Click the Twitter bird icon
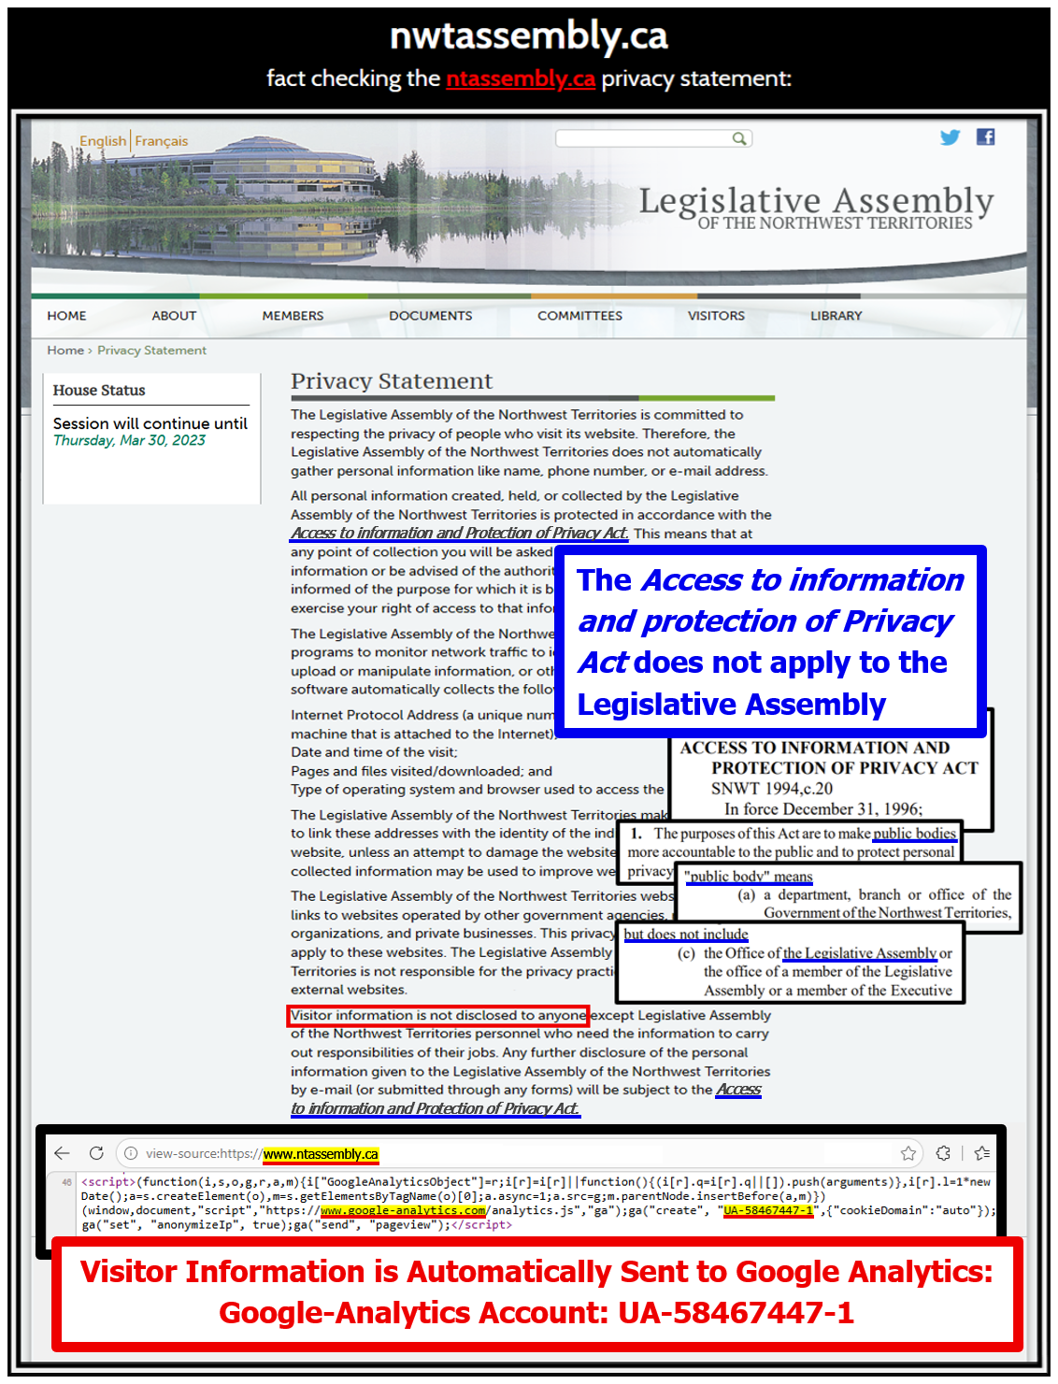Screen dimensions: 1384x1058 coord(950,137)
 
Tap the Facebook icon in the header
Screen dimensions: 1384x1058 coord(985,137)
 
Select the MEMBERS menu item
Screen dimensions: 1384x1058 coord(293,316)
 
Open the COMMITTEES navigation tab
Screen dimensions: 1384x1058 coord(579,316)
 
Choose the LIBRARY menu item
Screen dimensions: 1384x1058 coord(836,316)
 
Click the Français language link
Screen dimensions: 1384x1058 coord(162,141)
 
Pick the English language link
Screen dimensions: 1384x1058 coord(103,141)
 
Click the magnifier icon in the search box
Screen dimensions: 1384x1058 coord(739,138)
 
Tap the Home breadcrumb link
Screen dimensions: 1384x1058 coord(65,350)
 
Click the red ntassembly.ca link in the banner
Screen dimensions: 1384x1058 coord(521,78)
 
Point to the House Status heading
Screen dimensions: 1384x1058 coord(99,391)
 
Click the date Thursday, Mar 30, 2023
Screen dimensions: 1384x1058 coord(129,440)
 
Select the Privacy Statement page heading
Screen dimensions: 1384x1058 coord(391,381)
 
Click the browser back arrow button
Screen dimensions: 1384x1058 coord(63,1153)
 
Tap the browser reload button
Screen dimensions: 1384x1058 coord(96,1153)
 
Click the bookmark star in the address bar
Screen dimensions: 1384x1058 coord(908,1153)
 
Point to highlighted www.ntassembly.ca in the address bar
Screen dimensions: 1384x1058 coord(321,1154)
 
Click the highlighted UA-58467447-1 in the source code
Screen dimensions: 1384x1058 coord(768,1210)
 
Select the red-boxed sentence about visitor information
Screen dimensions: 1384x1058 coord(437,1016)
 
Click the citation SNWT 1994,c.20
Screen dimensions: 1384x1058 coord(771,789)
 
